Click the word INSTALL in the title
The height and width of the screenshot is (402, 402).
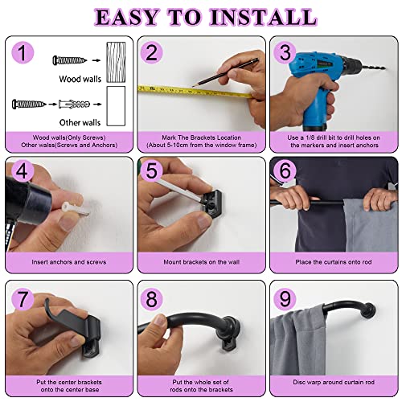coord(264,18)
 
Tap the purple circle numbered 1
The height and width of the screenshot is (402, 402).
coord(23,52)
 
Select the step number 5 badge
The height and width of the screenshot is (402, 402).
coord(152,170)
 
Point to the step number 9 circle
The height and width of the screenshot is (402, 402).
coord(285,298)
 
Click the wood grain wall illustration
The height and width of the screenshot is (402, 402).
coord(116,62)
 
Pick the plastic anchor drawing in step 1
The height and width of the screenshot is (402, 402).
coord(74,104)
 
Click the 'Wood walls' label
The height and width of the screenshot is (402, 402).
coord(80,79)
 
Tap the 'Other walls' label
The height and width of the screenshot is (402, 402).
coord(80,122)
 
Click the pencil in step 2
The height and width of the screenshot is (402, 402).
coord(225,72)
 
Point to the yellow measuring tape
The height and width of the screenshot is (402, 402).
coord(195,92)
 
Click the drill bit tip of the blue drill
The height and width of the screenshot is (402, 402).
coord(384,68)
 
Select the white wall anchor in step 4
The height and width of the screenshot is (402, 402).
coord(75,209)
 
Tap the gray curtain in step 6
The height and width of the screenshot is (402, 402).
coord(371,226)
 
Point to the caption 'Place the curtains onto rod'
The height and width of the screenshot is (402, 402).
coord(334,262)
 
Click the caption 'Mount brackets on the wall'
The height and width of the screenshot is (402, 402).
coord(202,262)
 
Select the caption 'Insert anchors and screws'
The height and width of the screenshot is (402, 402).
coord(69,262)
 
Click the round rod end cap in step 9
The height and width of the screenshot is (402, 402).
coord(369,310)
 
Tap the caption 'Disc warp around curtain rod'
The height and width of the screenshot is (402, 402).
coord(334,382)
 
